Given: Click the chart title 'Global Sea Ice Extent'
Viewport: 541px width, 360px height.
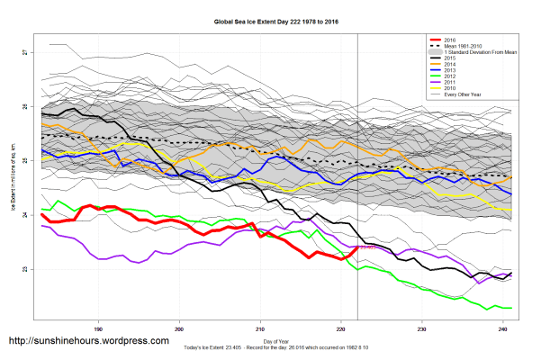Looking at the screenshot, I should click(x=271, y=21).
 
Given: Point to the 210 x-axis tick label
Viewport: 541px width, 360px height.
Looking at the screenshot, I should click(x=261, y=328).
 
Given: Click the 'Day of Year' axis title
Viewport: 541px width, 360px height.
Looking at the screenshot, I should click(x=274, y=342).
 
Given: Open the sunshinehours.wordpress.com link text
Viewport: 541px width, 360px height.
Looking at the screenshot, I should click(x=88, y=341).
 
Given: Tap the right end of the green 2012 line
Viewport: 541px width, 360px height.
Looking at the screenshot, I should click(x=511, y=308).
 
